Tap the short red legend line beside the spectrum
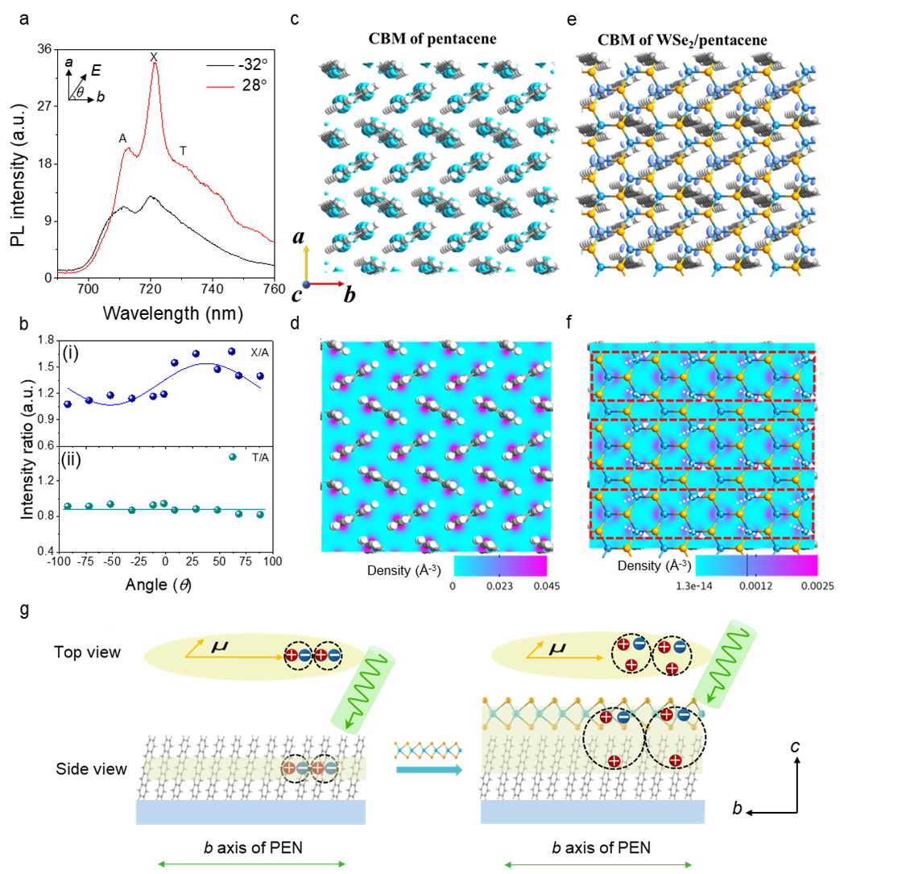pyautogui.click(x=220, y=86)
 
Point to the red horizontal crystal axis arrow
pyautogui.click(x=327, y=284)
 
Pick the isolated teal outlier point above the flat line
pyautogui.click(x=233, y=457)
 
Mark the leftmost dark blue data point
pyautogui.click(x=67, y=404)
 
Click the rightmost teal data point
pyautogui.click(x=259, y=514)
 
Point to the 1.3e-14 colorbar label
pyautogui.click(x=693, y=586)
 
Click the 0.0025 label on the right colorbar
pyautogui.click(x=816, y=586)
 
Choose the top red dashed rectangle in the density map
pyautogui.click(x=702, y=376)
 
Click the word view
pyautogui.click(x=103, y=652)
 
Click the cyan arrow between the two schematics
pyautogui.click(x=429, y=770)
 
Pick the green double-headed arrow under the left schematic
pyautogui.click(x=251, y=864)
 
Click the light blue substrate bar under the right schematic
pyautogui.click(x=592, y=813)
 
